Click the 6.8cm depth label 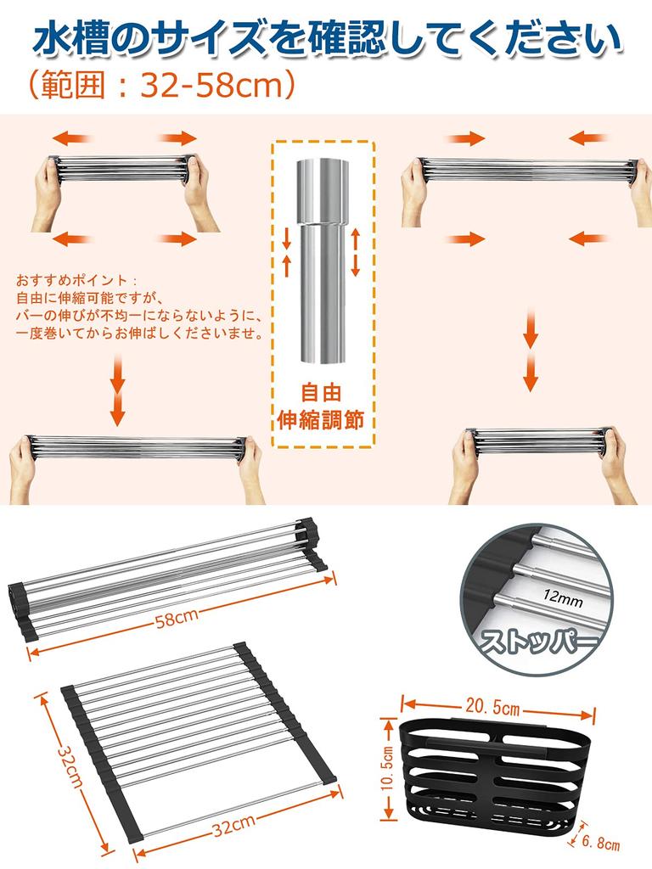point(602,844)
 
